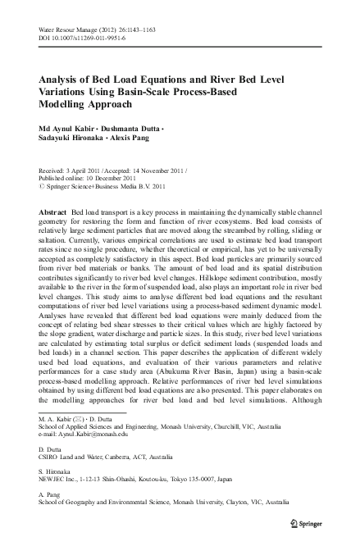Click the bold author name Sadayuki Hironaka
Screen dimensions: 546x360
(75, 140)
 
